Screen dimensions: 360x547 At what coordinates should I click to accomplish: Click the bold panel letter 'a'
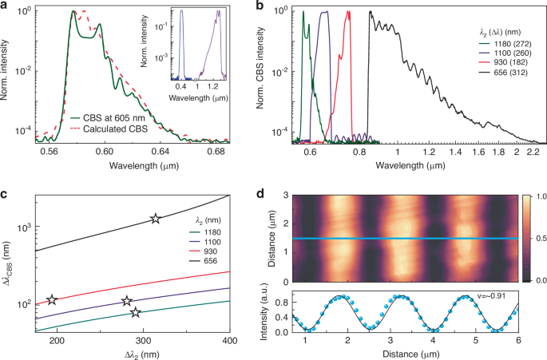[5, 6]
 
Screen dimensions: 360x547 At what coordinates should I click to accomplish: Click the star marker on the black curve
[156, 219]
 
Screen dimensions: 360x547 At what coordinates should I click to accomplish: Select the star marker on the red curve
[53, 299]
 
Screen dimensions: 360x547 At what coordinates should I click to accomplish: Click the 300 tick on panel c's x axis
[144, 342]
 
